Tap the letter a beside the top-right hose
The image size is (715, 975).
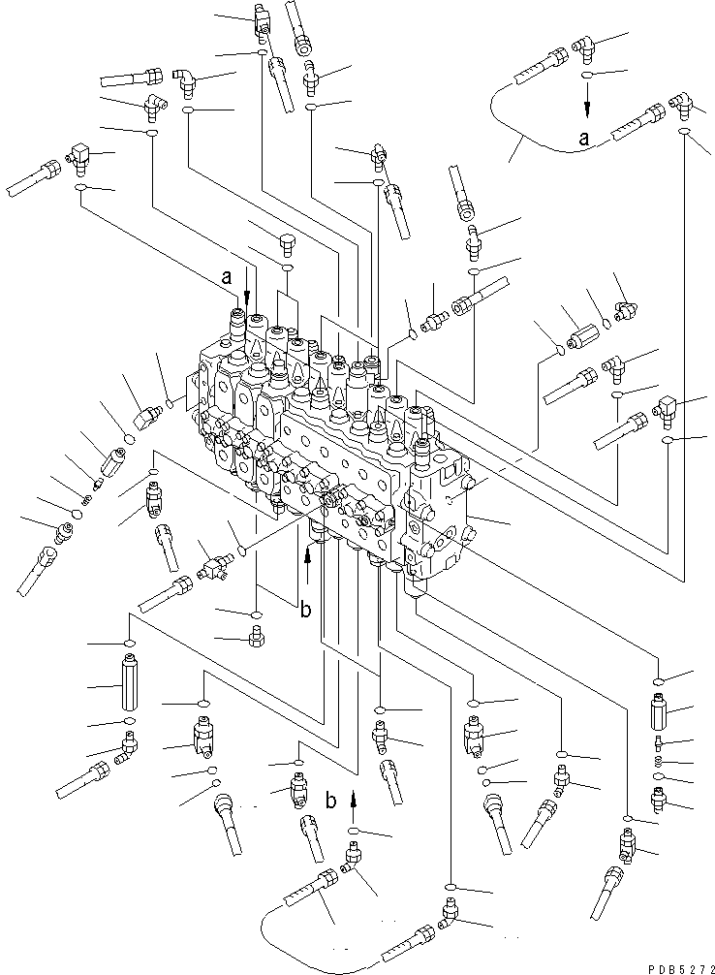pyautogui.click(x=584, y=139)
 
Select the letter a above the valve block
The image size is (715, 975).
pyautogui.click(x=227, y=277)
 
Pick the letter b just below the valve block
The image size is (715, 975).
pyautogui.click(x=304, y=610)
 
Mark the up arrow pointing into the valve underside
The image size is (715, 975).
pyautogui.click(x=308, y=562)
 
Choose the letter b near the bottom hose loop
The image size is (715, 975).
pyautogui.click(x=331, y=801)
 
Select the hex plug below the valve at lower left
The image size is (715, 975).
pyautogui.click(x=256, y=638)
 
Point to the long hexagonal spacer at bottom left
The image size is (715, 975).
pyautogui.click(x=130, y=684)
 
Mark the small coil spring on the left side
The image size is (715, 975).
pyautogui.click(x=85, y=500)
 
